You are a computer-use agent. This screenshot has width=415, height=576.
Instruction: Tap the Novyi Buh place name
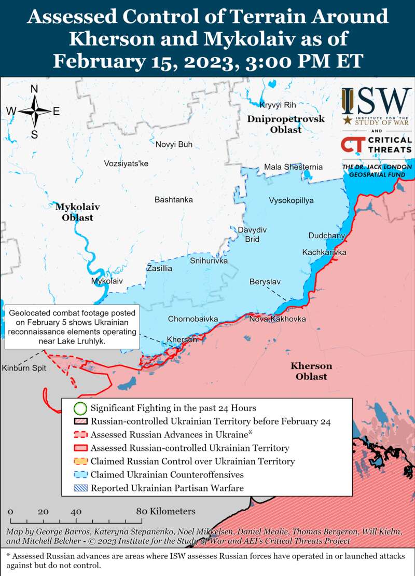(174, 144)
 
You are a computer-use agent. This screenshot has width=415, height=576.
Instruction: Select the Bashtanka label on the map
(173, 200)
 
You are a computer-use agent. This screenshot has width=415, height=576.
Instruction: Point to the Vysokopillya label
(291, 200)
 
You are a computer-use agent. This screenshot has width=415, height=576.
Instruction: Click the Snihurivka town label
(209, 260)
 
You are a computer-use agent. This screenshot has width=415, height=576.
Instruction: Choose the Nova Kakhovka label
(277, 319)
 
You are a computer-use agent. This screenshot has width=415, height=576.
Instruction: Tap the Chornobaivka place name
(192, 319)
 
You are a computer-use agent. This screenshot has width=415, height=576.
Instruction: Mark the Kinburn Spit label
(24, 368)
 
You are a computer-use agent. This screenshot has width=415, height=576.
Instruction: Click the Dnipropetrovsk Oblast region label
(286, 125)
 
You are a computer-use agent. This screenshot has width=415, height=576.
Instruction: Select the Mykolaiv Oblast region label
(77, 212)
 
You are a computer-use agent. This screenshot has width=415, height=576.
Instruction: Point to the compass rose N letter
(34, 89)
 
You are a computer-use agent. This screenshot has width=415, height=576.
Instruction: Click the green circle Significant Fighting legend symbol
(79, 408)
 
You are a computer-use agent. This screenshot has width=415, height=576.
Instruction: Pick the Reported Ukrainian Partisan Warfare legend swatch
(79, 488)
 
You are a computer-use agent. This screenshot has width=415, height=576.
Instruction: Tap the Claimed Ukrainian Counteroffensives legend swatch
(79, 474)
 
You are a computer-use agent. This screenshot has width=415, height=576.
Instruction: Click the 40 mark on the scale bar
(76, 512)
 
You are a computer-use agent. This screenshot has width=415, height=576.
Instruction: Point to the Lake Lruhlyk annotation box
(72, 327)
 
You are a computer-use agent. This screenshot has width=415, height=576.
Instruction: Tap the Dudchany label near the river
(326, 236)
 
